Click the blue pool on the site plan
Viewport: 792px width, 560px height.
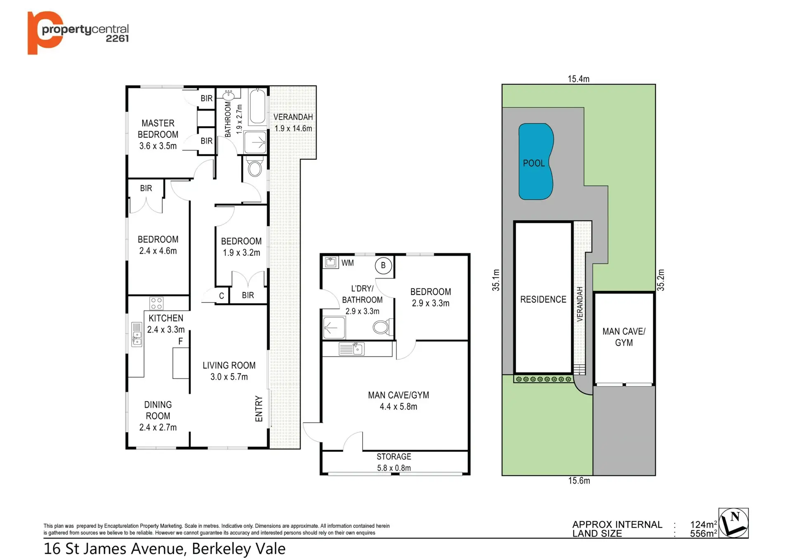[x=535, y=161]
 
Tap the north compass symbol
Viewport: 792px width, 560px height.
[x=733, y=523]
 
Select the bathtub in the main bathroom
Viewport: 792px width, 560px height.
[x=257, y=106]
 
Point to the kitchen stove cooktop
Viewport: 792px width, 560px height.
[x=156, y=303]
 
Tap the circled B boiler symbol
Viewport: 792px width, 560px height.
[x=383, y=265]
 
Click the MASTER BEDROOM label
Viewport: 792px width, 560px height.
[x=158, y=129]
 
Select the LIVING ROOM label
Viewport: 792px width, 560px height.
[x=229, y=365]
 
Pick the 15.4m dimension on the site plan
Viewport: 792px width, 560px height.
[x=578, y=79]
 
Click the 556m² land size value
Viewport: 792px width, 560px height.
[x=703, y=534]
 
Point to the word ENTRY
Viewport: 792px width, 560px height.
[x=259, y=409]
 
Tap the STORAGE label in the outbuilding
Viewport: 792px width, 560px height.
[x=394, y=456]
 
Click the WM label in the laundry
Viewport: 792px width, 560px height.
[x=347, y=263]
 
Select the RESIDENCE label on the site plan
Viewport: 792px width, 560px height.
[x=543, y=299]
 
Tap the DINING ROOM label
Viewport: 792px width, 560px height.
[x=158, y=410]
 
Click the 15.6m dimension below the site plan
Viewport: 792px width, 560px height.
[x=579, y=481]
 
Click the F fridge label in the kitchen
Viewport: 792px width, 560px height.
[x=180, y=341]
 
